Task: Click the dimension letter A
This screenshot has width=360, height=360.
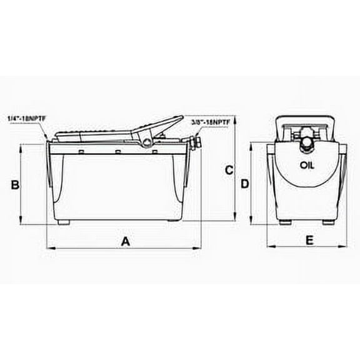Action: pos(126,241)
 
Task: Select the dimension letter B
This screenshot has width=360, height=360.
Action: pos(17,184)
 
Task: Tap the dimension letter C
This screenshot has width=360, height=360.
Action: pos(229,169)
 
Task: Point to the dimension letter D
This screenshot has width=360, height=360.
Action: pos(245,184)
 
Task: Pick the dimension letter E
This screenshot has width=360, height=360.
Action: pos(309,239)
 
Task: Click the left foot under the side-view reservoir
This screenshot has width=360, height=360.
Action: pos(63,221)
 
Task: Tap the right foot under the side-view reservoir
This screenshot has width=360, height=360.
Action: pos(172,221)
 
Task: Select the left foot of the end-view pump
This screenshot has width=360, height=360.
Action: pos(285,222)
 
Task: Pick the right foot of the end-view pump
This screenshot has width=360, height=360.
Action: pos(329,222)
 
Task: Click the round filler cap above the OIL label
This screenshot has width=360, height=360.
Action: pos(306,143)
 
